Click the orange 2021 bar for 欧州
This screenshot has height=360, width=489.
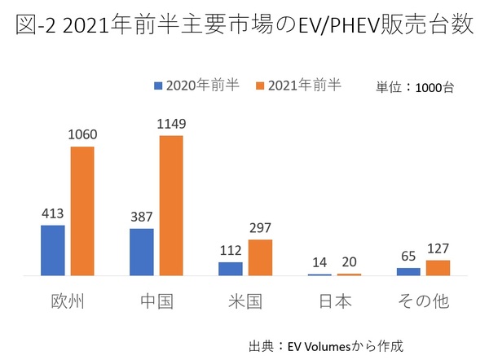coord(82,211)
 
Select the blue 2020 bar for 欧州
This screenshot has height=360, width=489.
coord(52,250)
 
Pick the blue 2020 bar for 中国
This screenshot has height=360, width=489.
coord(142,252)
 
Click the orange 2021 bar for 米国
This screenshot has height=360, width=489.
coord(260,257)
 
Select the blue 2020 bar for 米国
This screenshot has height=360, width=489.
coord(231,269)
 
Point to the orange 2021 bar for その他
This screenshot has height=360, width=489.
coord(438,268)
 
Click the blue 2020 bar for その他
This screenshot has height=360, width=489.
coord(408,271)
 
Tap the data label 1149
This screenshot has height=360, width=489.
coord(171,125)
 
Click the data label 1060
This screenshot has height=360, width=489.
coord(82,136)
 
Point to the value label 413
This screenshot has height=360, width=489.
coord(52,214)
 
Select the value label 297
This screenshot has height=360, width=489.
coord(260,228)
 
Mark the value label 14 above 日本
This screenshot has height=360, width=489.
coord(320,263)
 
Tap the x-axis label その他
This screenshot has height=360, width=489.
coord(423,302)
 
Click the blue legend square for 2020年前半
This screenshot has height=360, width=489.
coord(159,86)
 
